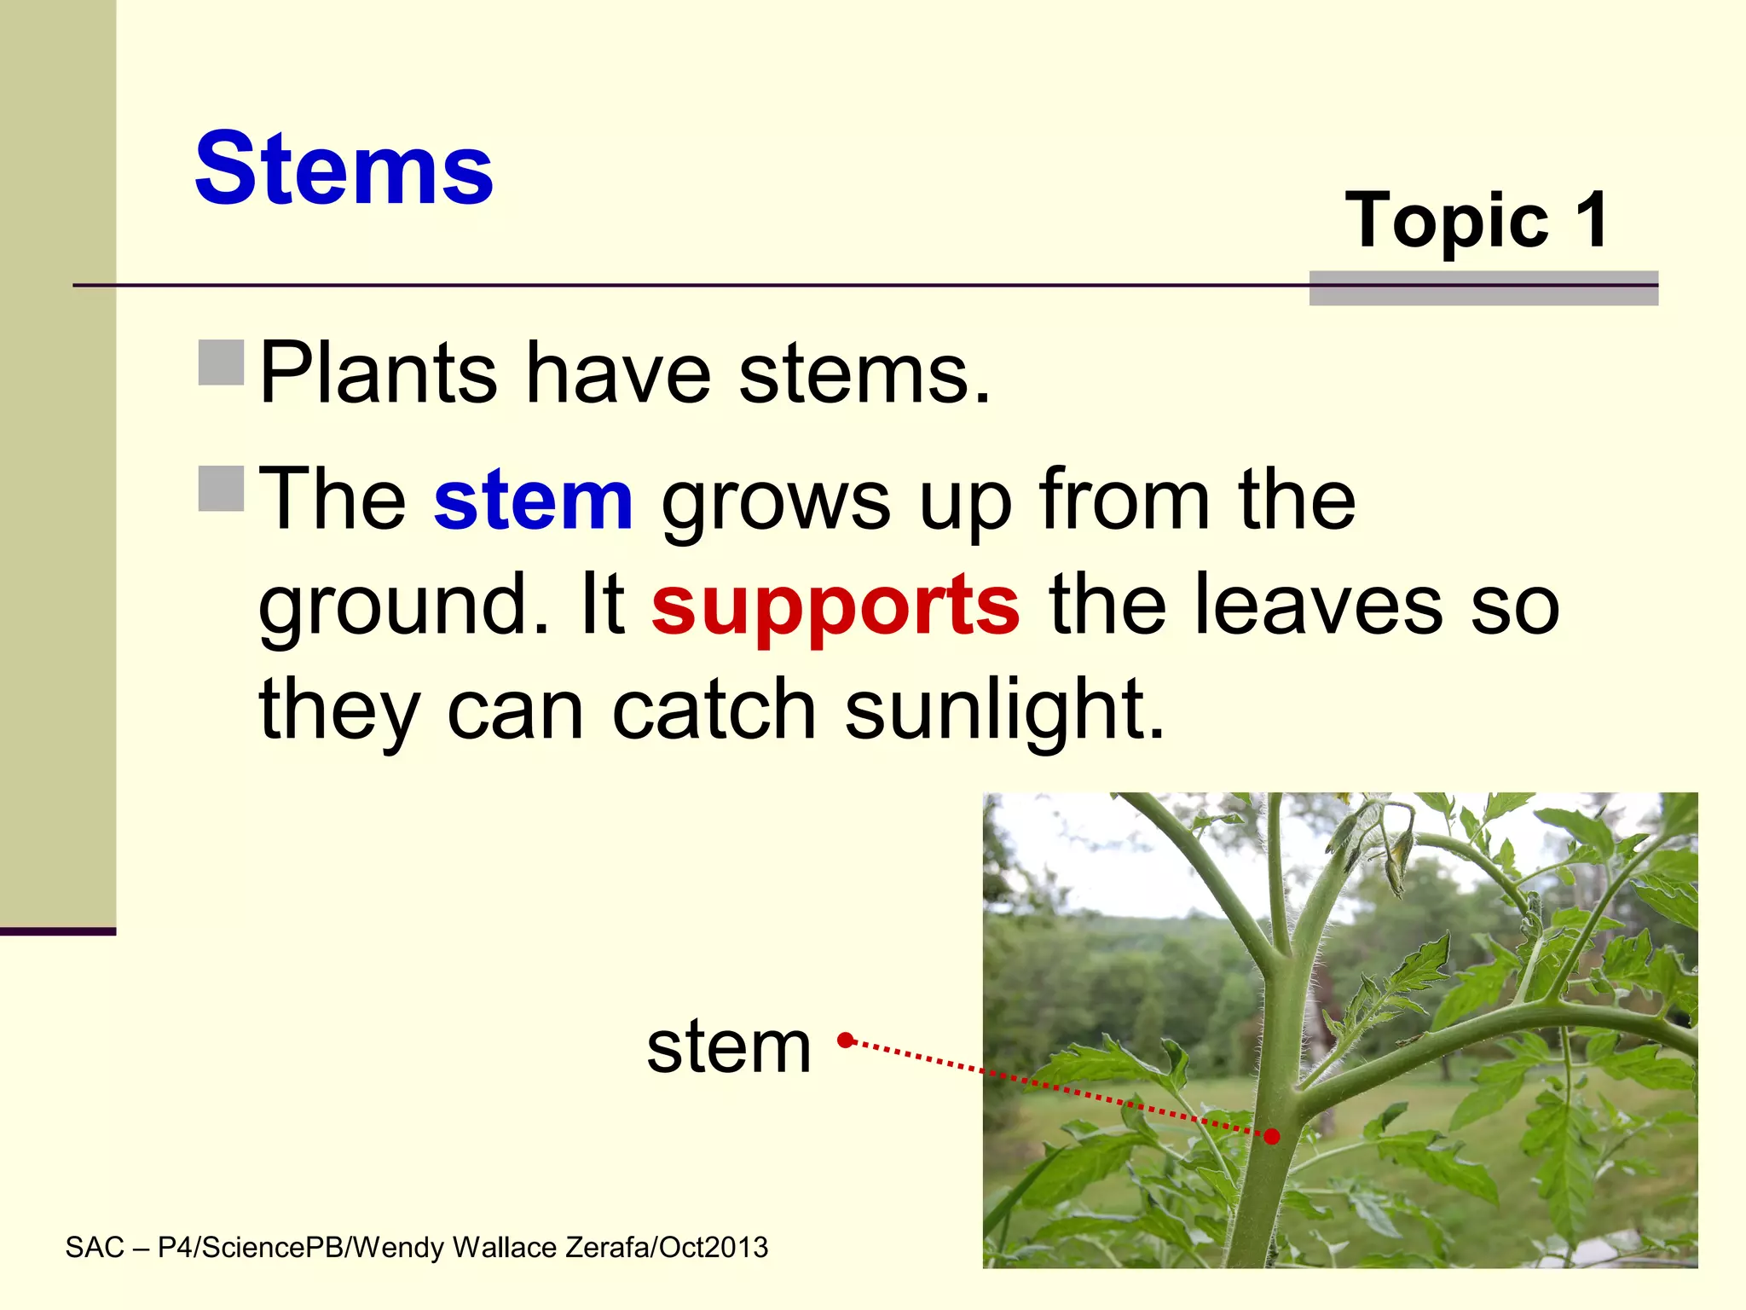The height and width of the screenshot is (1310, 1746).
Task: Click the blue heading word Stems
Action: point(344,169)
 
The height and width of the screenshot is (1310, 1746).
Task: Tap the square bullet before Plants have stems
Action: point(222,362)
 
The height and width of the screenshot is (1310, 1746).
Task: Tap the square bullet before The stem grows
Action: point(222,488)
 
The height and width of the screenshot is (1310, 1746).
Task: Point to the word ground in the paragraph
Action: point(392,607)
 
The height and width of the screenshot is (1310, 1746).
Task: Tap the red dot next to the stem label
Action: point(845,1040)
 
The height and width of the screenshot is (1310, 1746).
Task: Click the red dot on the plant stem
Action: point(1271,1136)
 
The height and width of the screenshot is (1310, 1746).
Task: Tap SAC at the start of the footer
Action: point(95,1248)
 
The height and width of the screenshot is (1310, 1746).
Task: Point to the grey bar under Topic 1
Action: point(1483,288)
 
